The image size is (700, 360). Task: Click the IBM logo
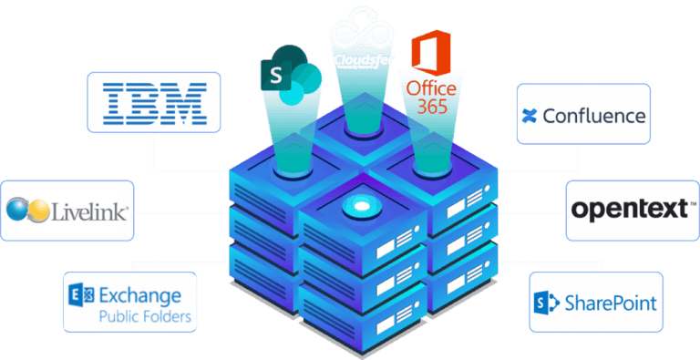click(x=153, y=102)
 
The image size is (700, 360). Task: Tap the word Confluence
click(x=594, y=116)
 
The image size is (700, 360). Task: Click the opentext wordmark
click(x=627, y=210)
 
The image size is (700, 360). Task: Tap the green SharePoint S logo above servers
click(x=276, y=71)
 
